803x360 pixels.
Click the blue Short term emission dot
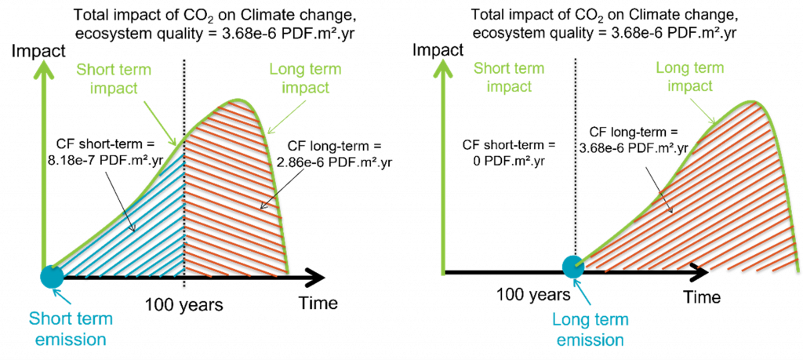click(52, 277)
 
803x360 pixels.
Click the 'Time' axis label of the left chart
click(317, 303)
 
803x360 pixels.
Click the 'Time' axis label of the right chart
click(702, 296)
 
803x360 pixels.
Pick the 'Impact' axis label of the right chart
click(438, 51)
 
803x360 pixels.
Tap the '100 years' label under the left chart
click(183, 306)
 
